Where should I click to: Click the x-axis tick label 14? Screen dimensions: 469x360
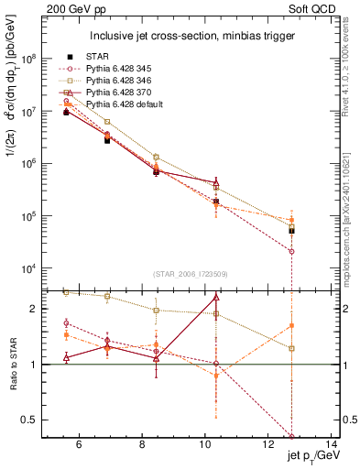[325, 445]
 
